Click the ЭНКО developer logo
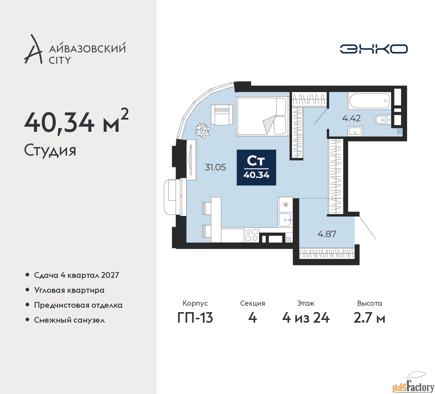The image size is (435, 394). click(373, 49)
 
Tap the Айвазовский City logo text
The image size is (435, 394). click(87, 54)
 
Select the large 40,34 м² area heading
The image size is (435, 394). click(76, 122)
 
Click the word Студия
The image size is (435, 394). click(50, 150)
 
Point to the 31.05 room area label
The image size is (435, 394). click(215, 167)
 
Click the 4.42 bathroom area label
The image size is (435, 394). click(351, 118)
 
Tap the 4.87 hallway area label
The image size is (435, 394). click(327, 234)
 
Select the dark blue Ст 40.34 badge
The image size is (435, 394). click(256, 167)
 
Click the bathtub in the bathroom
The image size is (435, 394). click(369, 101)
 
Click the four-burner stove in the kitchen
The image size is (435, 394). click(251, 235)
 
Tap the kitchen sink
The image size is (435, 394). click(285, 220)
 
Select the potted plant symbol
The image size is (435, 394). click(203, 130)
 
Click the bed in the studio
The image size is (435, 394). click(262, 116)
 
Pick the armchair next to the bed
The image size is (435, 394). click(222, 114)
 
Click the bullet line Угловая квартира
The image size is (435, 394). click(69, 290)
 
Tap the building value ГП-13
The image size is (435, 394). click(195, 318)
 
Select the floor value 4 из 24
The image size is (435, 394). click(306, 318)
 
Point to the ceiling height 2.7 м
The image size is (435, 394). click(369, 318)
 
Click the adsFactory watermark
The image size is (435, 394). click(413, 386)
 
